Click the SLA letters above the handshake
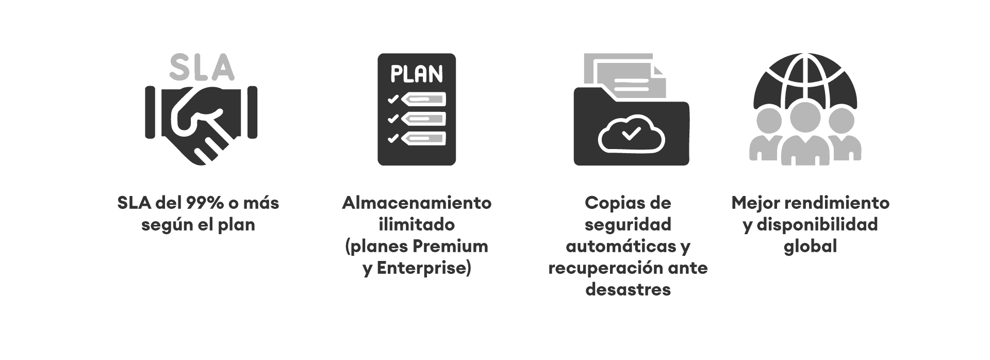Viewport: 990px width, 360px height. pyautogui.click(x=201, y=68)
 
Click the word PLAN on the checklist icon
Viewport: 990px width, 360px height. pyautogui.click(x=417, y=74)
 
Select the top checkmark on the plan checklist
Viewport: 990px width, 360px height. pyautogui.click(x=393, y=99)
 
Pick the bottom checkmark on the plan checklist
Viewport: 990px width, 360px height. pyautogui.click(x=393, y=138)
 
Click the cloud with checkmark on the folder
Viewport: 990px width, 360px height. pyautogui.click(x=631, y=134)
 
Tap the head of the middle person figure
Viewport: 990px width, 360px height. pyautogui.click(x=805, y=116)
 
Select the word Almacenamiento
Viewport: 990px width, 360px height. pyautogui.click(x=417, y=203)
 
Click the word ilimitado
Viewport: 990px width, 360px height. pyautogui.click(x=417, y=225)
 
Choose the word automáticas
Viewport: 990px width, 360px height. pyautogui.click(x=621, y=247)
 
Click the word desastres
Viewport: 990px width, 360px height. pyautogui.click(x=628, y=290)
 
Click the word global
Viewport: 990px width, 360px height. pyautogui.click(x=810, y=247)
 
